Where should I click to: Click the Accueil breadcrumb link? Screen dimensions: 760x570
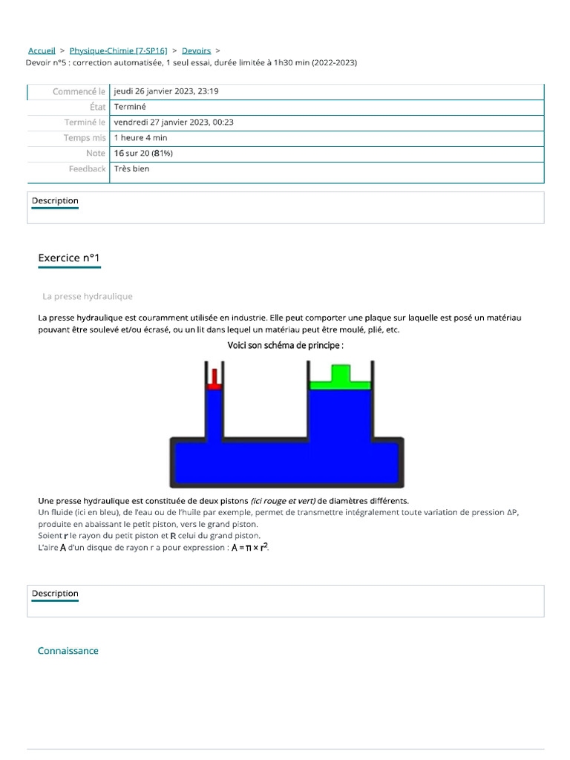(x=42, y=50)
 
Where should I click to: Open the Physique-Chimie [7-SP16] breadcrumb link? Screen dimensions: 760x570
(x=118, y=50)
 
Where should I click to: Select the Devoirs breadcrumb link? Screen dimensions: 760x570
(x=196, y=50)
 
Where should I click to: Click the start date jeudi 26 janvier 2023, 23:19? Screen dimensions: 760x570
(x=166, y=91)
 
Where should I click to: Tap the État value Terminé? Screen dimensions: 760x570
(x=130, y=107)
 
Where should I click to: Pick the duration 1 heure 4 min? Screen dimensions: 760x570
(x=140, y=138)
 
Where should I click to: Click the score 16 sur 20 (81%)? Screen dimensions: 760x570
(x=143, y=153)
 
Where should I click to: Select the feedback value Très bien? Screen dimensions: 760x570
(x=131, y=168)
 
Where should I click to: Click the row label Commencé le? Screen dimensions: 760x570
(x=79, y=91)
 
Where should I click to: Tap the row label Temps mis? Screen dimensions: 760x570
(x=85, y=138)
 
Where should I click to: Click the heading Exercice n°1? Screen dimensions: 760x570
(x=69, y=258)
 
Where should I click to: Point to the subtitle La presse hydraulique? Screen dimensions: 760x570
(x=88, y=296)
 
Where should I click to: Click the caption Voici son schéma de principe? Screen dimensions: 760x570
(x=285, y=345)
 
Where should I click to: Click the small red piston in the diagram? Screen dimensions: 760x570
(x=213, y=379)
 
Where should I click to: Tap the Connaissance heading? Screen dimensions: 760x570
(x=68, y=651)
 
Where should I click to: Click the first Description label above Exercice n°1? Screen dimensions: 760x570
(x=55, y=201)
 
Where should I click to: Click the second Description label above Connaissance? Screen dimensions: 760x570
(x=55, y=594)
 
